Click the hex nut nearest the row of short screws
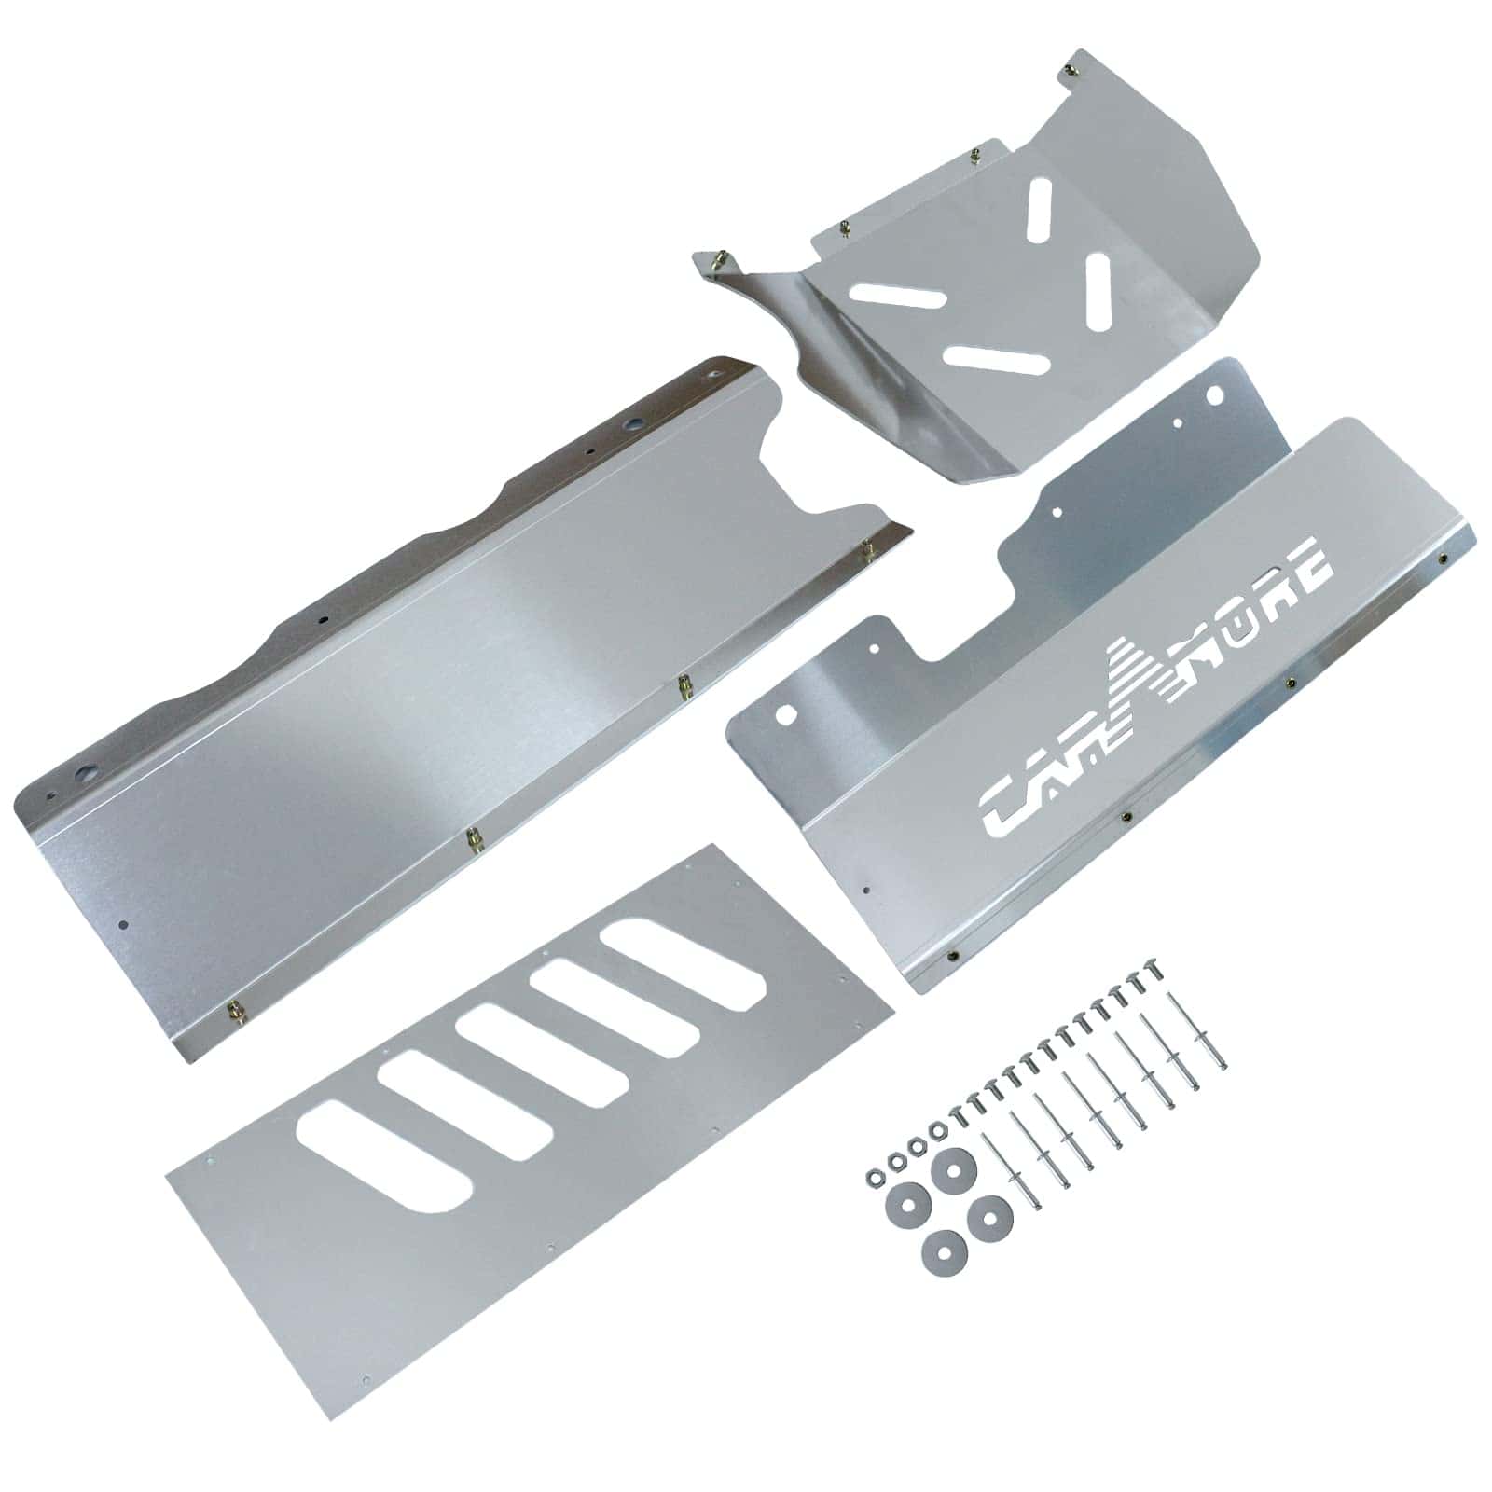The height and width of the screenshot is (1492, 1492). click(x=937, y=1131)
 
